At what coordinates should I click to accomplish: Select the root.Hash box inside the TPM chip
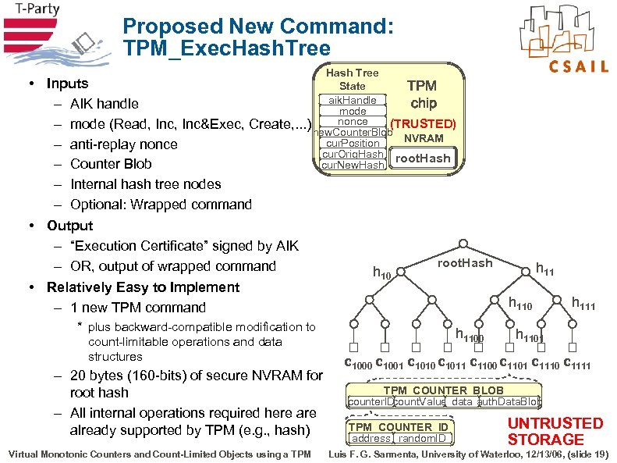(x=423, y=158)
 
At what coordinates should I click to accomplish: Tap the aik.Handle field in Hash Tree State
(x=352, y=100)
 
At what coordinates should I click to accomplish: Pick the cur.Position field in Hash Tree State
(x=353, y=143)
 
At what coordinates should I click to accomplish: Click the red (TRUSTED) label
(x=423, y=124)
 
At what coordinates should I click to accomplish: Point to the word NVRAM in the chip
(x=424, y=138)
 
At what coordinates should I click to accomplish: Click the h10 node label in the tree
(x=383, y=272)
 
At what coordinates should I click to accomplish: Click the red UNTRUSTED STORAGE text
(x=555, y=431)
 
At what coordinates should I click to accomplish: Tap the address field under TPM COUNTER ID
(x=371, y=439)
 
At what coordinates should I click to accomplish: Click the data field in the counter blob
(x=461, y=401)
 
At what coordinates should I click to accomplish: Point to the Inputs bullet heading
(x=67, y=84)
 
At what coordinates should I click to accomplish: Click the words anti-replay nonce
(x=123, y=144)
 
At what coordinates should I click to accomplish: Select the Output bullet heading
(x=69, y=226)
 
